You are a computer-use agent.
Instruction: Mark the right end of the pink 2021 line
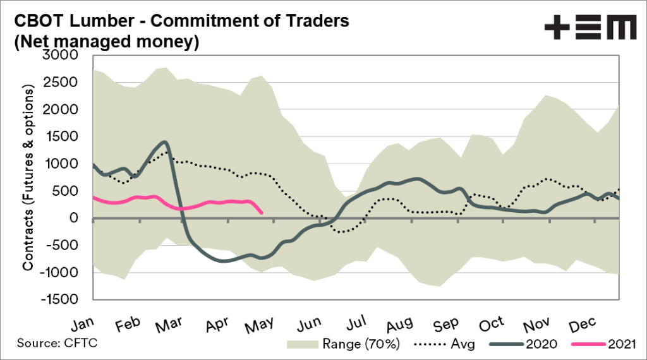coord(262,213)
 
